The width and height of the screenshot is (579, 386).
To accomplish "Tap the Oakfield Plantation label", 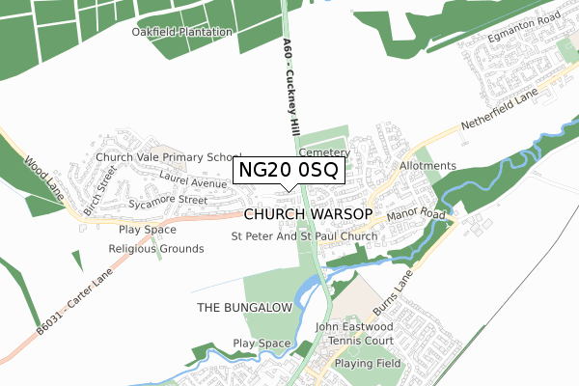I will tap(182, 32).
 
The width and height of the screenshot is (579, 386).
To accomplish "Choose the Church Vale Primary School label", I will tap(168, 157).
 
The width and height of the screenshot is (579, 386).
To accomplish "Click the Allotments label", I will tap(427, 166).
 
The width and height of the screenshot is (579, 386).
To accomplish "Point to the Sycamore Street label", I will tap(168, 200).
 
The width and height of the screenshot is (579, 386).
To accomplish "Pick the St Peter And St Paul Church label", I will tap(304, 236).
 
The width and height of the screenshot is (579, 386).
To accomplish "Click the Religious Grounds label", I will tap(156, 249).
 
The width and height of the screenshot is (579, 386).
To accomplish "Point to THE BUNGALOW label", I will tap(243, 307).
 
